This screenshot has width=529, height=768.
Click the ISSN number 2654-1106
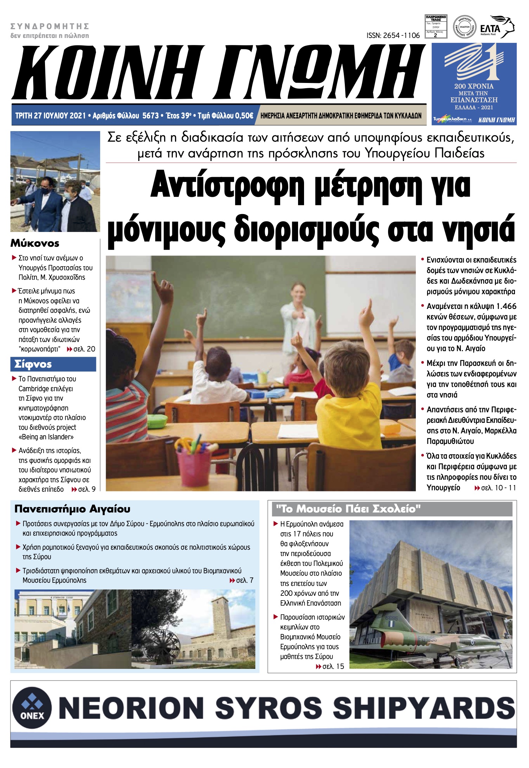point(393,36)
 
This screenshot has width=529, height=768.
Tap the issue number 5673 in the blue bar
point(150,116)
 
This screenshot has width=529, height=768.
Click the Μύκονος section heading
point(35,243)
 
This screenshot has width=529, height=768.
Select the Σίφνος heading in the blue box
point(33,364)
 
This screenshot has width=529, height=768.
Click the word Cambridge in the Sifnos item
point(34,389)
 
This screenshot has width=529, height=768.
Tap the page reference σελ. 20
point(84,349)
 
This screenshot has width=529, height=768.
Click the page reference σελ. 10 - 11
point(498,488)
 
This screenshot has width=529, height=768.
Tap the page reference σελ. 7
point(245,580)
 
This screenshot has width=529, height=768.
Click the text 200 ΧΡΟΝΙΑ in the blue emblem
point(473,86)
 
